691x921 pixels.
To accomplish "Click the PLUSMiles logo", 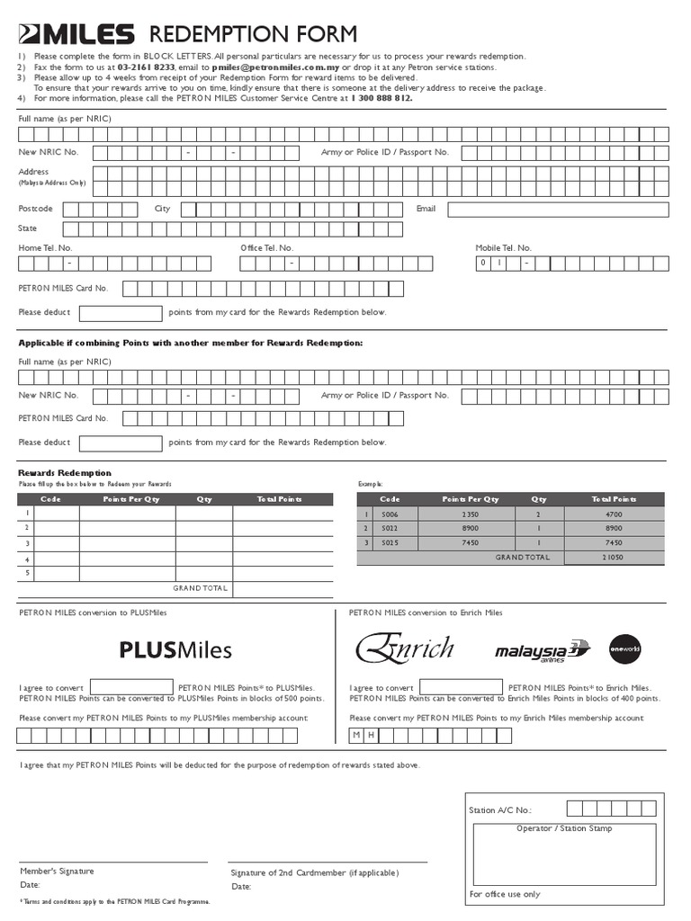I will tap(175, 649).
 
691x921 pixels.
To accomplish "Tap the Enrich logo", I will tap(405, 648).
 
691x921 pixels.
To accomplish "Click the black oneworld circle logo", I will tap(624, 649).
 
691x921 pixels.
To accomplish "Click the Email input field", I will tap(558, 210).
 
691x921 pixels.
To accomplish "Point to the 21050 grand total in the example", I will tap(613, 557).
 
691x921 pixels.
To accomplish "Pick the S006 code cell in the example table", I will tap(390, 514).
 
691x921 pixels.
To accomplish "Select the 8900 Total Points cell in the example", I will tap(613, 529).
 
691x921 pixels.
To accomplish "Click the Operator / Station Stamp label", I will tap(564, 828).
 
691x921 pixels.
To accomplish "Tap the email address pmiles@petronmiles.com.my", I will tap(271, 67).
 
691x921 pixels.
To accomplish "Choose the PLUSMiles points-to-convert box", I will tap(131, 687).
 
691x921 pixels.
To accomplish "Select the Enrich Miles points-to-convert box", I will tap(461, 687).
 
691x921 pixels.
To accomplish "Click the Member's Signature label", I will tap(57, 871).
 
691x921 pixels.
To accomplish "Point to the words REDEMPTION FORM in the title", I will tap(252, 35).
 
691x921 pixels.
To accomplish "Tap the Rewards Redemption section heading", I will tap(65, 473).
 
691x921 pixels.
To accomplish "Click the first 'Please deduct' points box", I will tap(121, 313).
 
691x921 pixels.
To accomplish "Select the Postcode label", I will tap(36, 209).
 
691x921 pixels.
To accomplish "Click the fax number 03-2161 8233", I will tap(146, 67).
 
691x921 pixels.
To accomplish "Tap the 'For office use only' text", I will tap(505, 894).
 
